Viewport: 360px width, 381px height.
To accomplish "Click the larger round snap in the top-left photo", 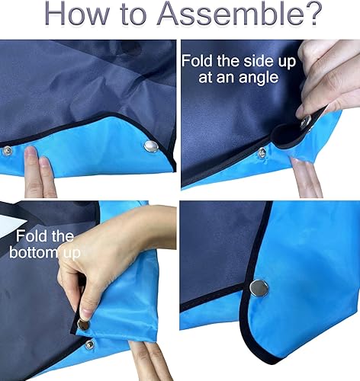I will [x=149, y=146].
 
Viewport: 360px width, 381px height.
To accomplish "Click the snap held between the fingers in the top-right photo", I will [x=306, y=121].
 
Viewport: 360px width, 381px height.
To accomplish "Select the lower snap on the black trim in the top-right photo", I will [x=262, y=152].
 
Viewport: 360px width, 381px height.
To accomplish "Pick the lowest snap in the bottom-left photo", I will [x=89, y=344].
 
